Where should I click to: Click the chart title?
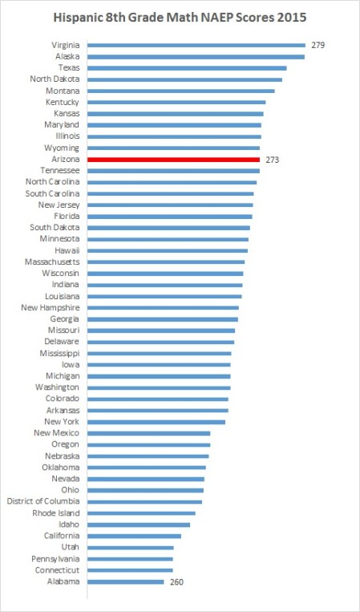pyautogui.click(x=180, y=15)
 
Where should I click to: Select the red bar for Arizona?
pyautogui.click(x=173, y=160)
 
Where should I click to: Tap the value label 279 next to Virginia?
pyautogui.click(x=318, y=46)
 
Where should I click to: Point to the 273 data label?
pyautogui.click(x=273, y=160)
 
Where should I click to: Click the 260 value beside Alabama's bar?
pyautogui.click(x=177, y=582)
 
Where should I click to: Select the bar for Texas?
pyautogui.click(x=187, y=68)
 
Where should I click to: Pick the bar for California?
pyautogui.click(x=134, y=536)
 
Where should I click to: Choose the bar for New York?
pyautogui.click(x=156, y=421)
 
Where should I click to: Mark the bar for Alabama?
pyautogui.click(x=125, y=582)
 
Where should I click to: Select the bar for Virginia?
pyautogui.click(x=196, y=46)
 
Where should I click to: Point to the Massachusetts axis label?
pyautogui.click(x=52, y=261)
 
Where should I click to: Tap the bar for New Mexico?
pyautogui.click(x=148, y=433)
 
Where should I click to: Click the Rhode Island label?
pyautogui.click(x=56, y=513)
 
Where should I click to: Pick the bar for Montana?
pyautogui.click(x=180, y=91)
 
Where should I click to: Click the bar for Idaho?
pyautogui.click(x=138, y=525)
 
